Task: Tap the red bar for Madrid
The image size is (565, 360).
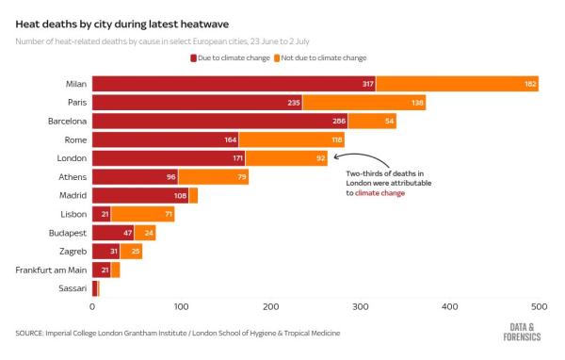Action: point(140,195)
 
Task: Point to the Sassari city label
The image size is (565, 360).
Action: point(72,287)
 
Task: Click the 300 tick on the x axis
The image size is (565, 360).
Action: point(361,307)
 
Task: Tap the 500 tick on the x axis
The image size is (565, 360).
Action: point(540,307)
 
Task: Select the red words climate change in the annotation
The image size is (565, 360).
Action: point(381,191)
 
